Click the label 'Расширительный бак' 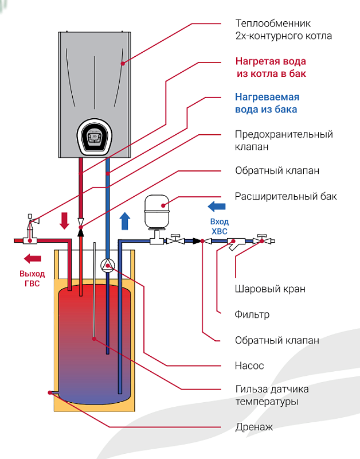click(285, 197)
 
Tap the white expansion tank click(156, 211)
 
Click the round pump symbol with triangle click(107, 265)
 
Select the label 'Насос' click(249, 365)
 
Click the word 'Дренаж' click(254, 427)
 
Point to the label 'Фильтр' click(252, 314)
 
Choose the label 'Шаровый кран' click(269, 289)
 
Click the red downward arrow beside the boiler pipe click(65, 220)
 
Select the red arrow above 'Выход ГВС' click(30, 258)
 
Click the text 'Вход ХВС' click(220, 226)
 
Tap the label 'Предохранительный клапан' click(284, 141)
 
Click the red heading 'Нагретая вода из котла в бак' click(271, 68)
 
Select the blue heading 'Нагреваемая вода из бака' click(267, 103)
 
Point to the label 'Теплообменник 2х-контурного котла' click(283, 30)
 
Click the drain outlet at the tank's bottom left click(52, 393)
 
